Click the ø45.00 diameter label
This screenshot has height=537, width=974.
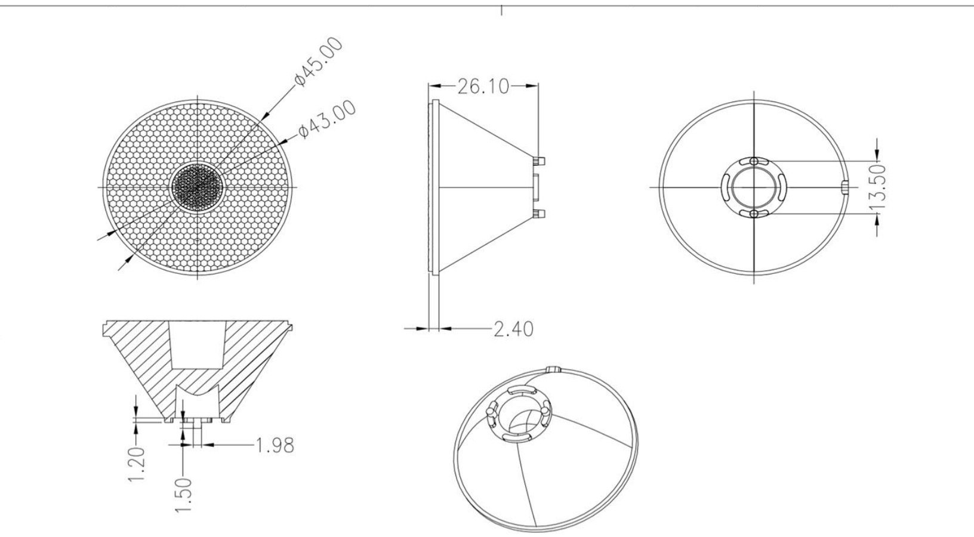319,62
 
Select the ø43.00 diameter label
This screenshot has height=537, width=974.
328,120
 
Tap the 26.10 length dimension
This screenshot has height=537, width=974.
483,87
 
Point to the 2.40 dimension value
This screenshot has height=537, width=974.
514,328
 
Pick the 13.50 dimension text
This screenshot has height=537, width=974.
879,187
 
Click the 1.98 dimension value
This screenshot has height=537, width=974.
275,445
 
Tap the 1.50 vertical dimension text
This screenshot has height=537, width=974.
184,494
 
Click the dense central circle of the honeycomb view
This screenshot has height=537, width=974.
198,187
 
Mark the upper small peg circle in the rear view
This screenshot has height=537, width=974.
754,161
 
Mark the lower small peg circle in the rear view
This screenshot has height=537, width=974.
754,214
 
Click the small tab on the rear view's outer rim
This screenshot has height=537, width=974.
844,187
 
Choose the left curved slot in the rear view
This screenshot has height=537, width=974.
726,187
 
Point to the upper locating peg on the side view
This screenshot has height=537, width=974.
540,160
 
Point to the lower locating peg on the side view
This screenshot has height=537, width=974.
540,213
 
